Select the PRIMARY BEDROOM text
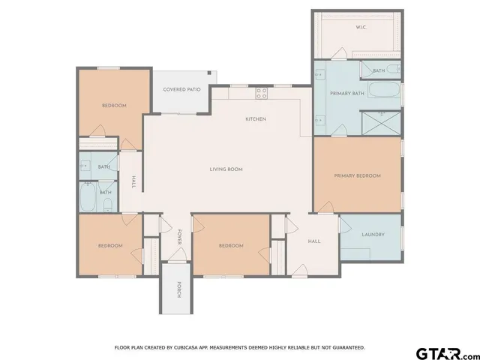357,175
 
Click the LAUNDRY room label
373,235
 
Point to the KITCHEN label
256,119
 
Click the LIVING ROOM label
226,169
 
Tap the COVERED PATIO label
182,90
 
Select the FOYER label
179,237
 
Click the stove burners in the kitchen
262,93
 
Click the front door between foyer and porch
178,257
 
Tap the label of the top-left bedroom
113,106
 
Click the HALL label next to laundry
314,241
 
